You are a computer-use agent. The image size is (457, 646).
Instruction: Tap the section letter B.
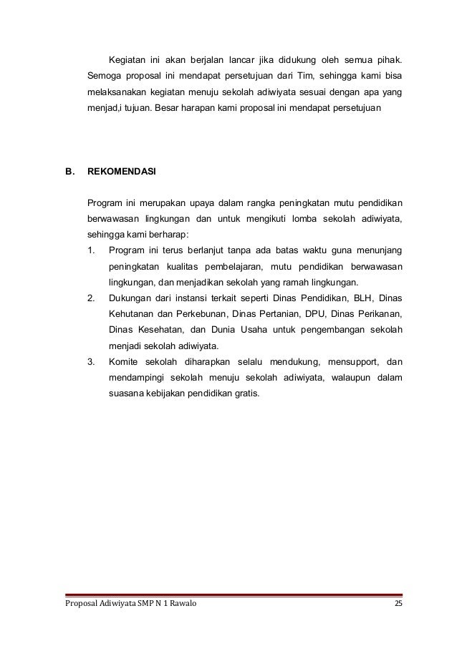pyautogui.click(x=69, y=172)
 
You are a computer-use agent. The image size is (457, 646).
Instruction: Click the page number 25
pyautogui.click(x=398, y=605)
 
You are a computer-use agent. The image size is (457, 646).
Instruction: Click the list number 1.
pyautogui.click(x=90, y=250)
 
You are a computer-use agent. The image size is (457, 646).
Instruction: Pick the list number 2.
pyautogui.click(x=90, y=297)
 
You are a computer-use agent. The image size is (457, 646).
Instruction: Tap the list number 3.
pyautogui.click(x=90, y=361)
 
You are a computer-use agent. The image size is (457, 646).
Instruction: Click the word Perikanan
pyautogui.click(x=379, y=313)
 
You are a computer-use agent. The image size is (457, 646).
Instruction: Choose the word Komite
pyautogui.click(x=126, y=361)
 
